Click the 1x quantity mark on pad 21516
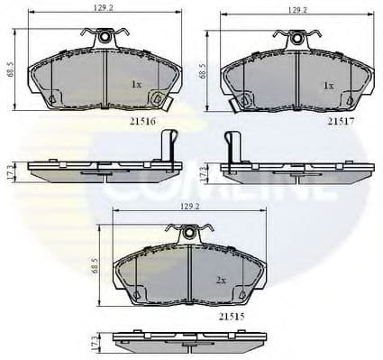click(137, 84)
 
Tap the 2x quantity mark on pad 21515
click(221, 281)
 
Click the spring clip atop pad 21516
click(105, 37)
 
